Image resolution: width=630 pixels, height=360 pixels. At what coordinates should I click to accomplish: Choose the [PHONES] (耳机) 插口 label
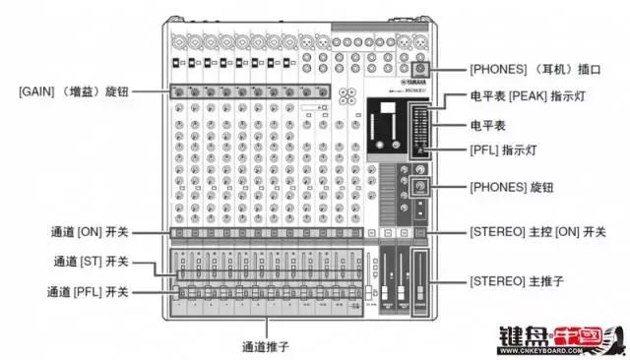tap(533, 70)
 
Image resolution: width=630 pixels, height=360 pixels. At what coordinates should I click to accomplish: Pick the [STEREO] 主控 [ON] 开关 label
tap(538, 233)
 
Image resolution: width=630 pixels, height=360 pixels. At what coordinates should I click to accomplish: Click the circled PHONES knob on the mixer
tap(420, 186)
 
